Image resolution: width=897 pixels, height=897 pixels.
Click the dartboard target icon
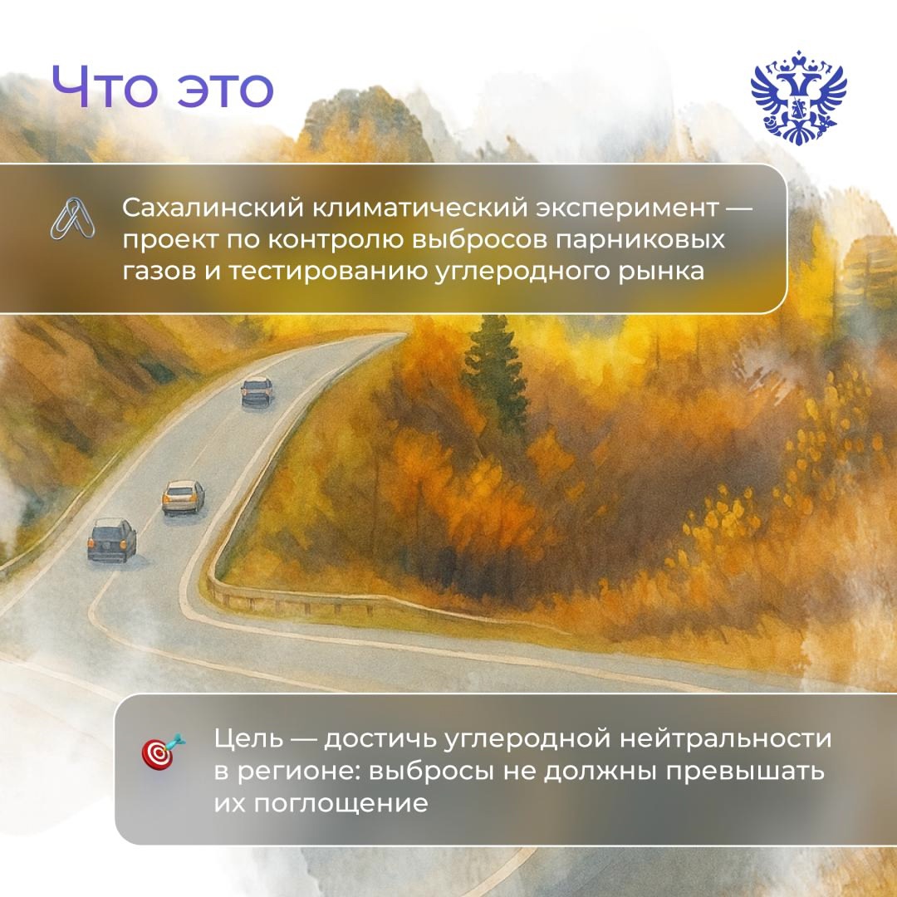tap(162, 752)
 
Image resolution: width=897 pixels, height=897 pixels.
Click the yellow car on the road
tap(184, 497)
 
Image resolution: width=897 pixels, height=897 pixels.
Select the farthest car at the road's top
tap(257, 390)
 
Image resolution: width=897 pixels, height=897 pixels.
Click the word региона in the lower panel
tap(282, 772)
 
